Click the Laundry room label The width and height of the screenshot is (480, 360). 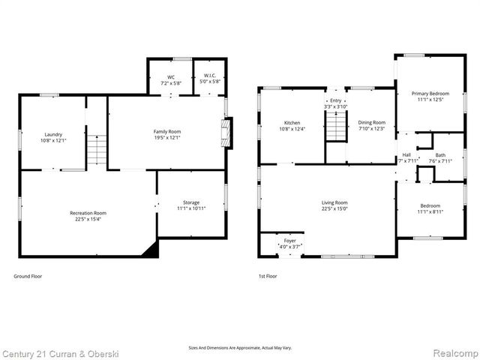pos(52,134)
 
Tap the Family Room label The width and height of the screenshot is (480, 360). pos(167,131)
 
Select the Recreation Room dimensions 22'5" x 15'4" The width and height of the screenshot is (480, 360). pos(88,220)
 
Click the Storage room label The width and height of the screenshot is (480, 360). pos(191,202)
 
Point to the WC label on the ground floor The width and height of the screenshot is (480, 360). pos(171,76)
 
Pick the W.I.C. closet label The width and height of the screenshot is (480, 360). pos(209,76)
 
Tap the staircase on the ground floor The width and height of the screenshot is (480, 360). pos(96,147)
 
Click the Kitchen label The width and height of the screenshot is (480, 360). pos(292,122)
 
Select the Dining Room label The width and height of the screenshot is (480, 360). pos(371,122)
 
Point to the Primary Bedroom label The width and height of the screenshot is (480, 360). pos(430,94)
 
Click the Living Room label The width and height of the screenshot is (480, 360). pos(335,202)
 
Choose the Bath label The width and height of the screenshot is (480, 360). pos(440,155)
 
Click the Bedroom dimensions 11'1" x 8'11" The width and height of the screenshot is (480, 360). pos(430,212)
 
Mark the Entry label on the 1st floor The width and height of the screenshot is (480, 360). pos(335,100)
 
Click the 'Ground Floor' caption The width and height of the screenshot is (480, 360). pos(28,276)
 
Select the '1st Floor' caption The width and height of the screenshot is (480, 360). pos(268,276)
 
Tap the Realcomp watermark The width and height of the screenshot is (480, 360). pos(451,352)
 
